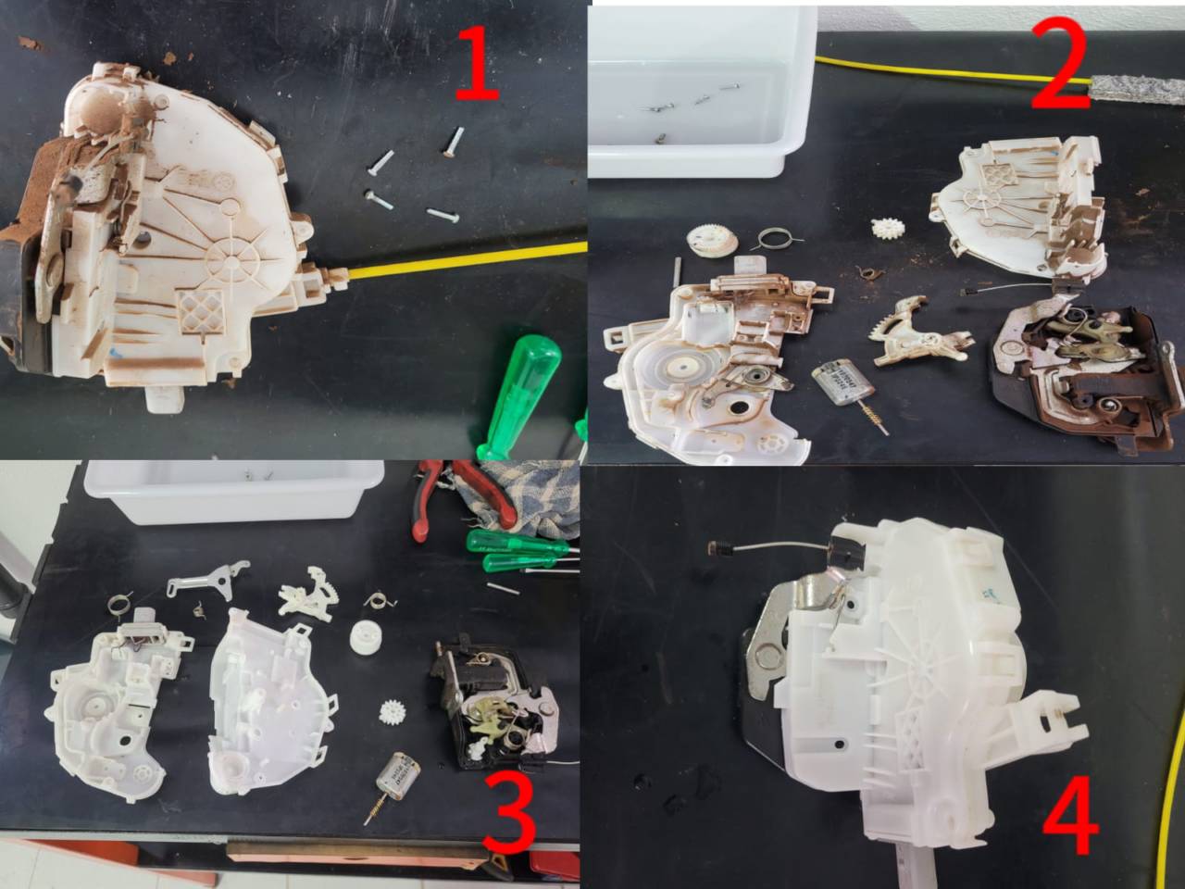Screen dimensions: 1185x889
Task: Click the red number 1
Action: click(x=476, y=64)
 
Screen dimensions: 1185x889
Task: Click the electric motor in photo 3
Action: click(x=398, y=776)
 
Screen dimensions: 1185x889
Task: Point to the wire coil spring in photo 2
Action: click(x=777, y=239)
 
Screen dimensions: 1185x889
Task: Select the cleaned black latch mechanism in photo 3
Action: click(x=494, y=707)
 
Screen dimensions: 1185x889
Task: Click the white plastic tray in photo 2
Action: click(x=702, y=92)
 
